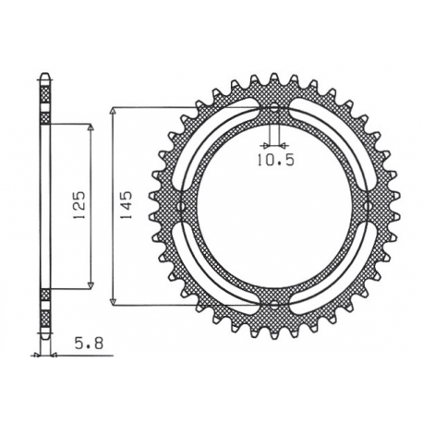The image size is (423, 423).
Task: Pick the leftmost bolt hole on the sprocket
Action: (181, 207)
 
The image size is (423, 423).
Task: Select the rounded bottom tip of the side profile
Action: (43, 340)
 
